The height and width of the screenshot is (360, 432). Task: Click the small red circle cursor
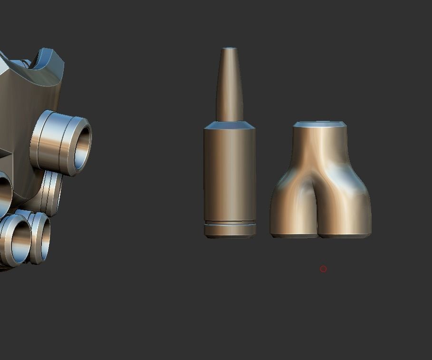coord(323,269)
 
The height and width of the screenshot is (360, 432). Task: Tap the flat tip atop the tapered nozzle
coord(230,49)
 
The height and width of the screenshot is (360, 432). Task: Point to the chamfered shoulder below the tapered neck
coord(230,126)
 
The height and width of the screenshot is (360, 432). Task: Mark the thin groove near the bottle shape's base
coord(230,223)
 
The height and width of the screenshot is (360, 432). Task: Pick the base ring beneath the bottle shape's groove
coord(230,231)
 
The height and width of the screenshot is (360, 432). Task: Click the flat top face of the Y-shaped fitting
coord(319,125)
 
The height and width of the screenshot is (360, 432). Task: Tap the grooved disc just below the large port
coord(50,193)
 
